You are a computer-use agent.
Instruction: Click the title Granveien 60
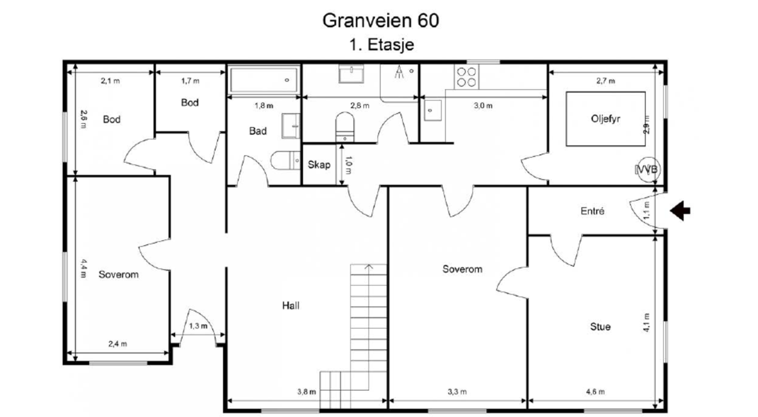380,20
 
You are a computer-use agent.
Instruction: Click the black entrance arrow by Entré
680,210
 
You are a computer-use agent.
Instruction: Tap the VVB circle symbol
647,169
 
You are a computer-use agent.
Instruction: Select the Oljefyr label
605,118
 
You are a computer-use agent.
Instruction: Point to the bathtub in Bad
264,80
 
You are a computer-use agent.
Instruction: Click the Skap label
319,164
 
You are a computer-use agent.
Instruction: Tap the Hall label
290,306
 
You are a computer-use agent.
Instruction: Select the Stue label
600,326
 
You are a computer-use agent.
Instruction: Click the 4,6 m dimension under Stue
595,392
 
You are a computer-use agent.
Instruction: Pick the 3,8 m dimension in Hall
306,392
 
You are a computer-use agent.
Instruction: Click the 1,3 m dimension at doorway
198,326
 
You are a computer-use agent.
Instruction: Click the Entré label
592,211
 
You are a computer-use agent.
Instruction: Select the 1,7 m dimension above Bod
190,81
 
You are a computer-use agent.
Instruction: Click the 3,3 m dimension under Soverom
457,392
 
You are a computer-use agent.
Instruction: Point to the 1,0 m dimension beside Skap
349,164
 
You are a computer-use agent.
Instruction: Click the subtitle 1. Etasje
381,45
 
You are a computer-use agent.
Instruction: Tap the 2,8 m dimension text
360,106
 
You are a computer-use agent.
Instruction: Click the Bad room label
258,131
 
